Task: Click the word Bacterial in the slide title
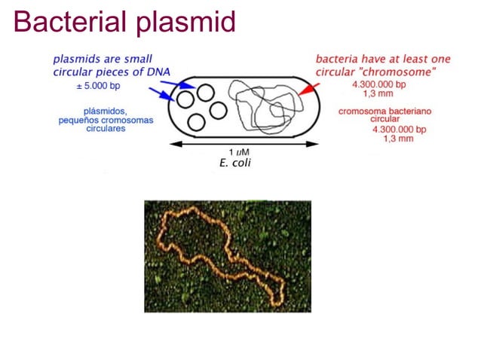click(x=69, y=22)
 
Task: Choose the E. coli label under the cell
click(x=234, y=163)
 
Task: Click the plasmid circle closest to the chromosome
click(x=219, y=110)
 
